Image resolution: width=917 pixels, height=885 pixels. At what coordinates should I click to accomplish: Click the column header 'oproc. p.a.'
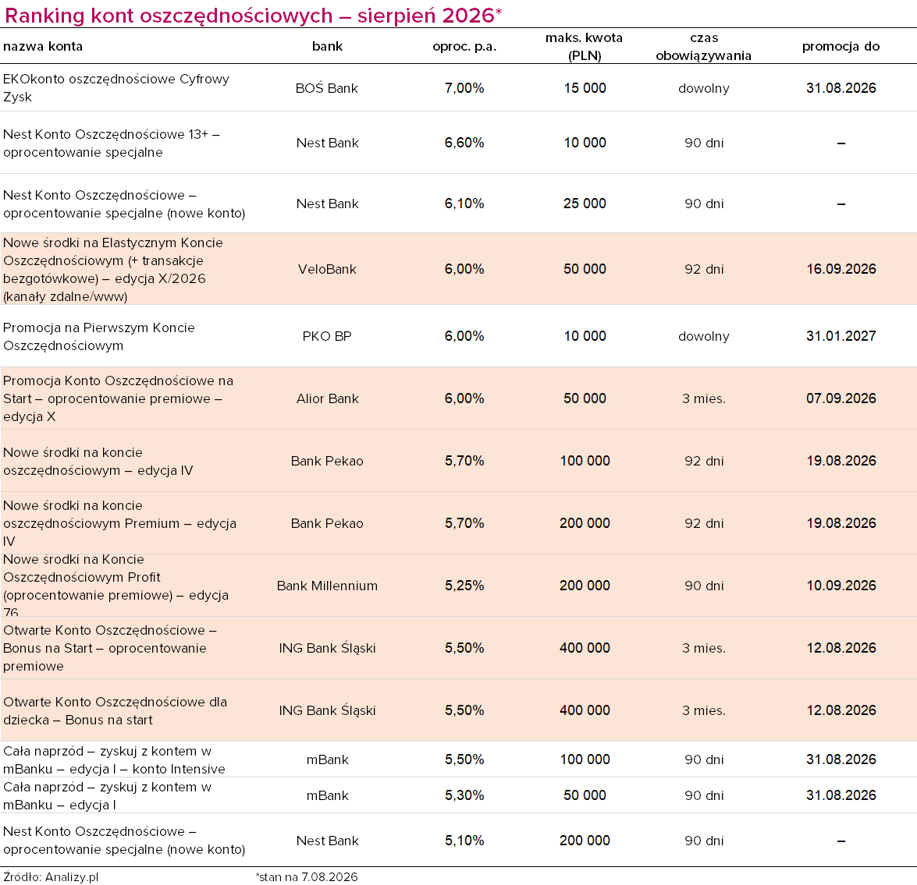pyautogui.click(x=464, y=47)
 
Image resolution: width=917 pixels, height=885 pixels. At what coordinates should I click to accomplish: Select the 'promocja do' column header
pyautogui.click(x=841, y=47)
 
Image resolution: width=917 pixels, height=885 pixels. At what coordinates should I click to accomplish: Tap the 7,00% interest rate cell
pyautogui.click(x=464, y=88)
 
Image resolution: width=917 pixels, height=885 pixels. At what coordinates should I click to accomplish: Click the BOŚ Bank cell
pyautogui.click(x=327, y=88)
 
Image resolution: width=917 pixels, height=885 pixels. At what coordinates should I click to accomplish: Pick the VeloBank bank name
pyautogui.click(x=327, y=269)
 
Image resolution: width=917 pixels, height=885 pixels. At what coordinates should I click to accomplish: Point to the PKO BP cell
pyautogui.click(x=327, y=337)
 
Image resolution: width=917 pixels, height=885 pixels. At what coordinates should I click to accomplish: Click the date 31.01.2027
pyautogui.click(x=841, y=336)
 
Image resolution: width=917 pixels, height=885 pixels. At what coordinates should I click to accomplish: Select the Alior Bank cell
pyautogui.click(x=327, y=398)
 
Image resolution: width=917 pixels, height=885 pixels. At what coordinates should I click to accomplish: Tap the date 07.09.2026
pyautogui.click(x=841, y=398)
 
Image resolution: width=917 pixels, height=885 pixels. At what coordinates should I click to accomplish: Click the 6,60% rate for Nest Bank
pyautogui.click(x=464, y=143)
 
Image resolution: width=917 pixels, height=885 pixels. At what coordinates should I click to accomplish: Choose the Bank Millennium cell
pyautogui.click(x=327, y=586)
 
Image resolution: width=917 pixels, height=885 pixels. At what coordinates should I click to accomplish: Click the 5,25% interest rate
pyautogui.click(x=464, y=586)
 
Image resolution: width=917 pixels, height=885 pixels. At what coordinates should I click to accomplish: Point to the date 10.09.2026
pyautogui.click(x=841, y=586)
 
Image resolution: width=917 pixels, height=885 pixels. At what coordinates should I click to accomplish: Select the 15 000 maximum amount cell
pyautogui.click(x=585, y=88)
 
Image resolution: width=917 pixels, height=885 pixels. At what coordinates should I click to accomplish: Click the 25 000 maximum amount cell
pyautogui.click(x=585, y=204)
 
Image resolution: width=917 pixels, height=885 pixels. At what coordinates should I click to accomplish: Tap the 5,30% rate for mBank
pyautogui.click(x=464, y=795)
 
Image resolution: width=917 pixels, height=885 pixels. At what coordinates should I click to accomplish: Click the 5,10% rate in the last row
pyautogui.click(x=464, y=841)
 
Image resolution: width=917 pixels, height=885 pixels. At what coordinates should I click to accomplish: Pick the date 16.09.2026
pyautogui.click(x=841, y=269)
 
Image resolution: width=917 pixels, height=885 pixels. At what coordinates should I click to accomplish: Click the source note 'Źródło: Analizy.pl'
pyautogui.click(x=51, y=877)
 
